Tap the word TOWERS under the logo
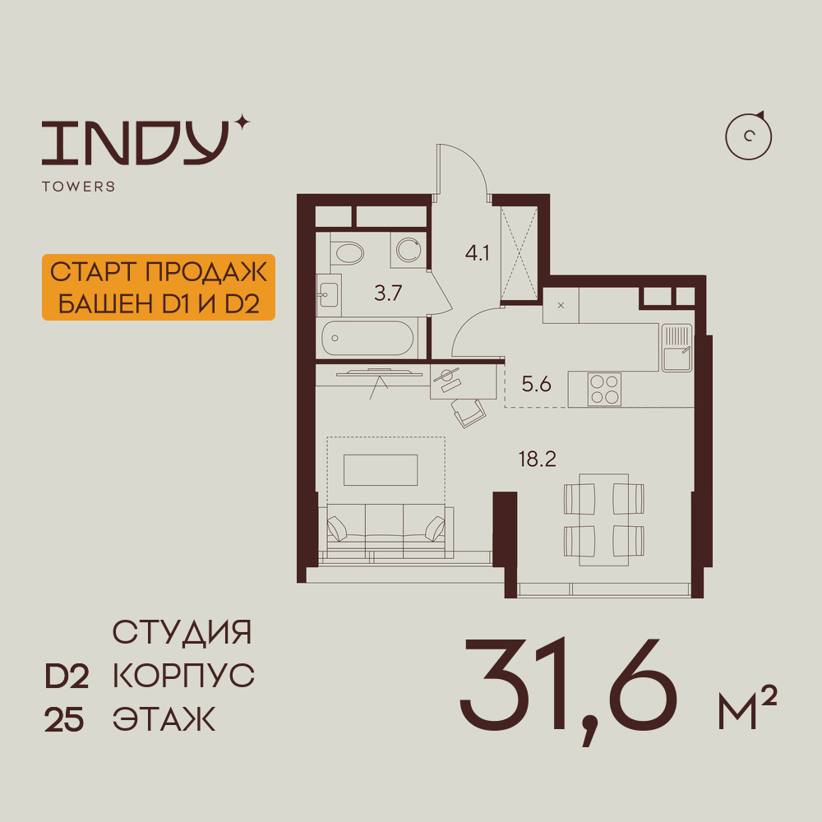79,186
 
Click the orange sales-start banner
159,287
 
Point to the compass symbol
749,136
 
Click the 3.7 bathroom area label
388,293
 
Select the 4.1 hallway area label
477,253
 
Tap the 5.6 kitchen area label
536,384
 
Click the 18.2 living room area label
538,459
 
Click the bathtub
367,338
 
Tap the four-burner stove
604,389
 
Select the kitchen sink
677,348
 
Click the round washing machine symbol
409,250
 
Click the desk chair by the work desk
469,412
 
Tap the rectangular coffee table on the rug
381,469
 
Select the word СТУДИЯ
182,632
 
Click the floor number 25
64,719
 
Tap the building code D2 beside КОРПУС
67,677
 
